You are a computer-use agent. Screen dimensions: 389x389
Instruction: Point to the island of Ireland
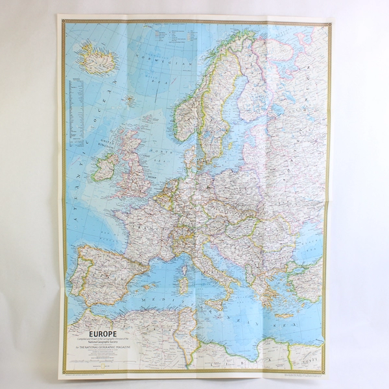point(105,166)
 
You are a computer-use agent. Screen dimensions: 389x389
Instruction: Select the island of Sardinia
point(183,283)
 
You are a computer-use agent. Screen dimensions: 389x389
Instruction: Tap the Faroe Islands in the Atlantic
point(130,100)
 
